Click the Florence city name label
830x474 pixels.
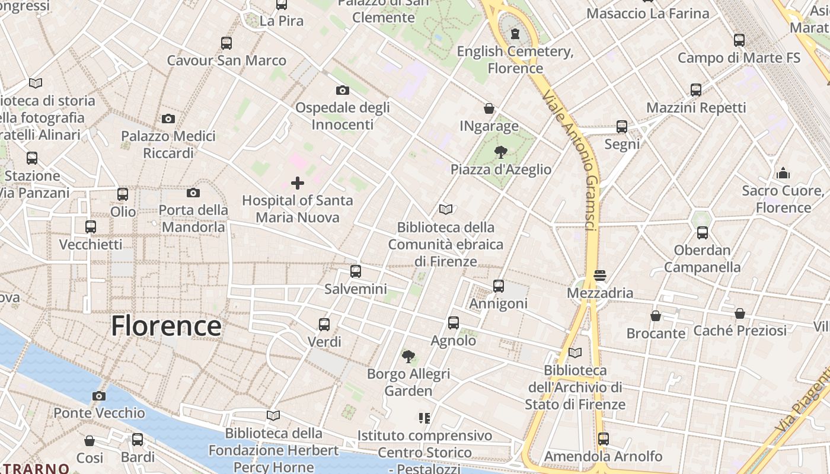(x=166, y=326)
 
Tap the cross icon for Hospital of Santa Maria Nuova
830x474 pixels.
(x=298, y=183)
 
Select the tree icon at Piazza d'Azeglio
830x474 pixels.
(x=501, y=152)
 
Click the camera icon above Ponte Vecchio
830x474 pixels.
(x=99, y=396)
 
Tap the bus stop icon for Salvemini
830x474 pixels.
(x=356, y=271)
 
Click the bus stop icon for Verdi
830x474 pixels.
(x=324, y=325)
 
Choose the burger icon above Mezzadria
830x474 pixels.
(x=600, y=276)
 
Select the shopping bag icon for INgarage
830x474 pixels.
(x=489, y=108)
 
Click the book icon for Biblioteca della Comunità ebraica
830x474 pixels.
(x=446, y=209)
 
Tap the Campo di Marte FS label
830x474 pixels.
(x=739, y=57)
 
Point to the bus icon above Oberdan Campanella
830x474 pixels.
(x=703, y=233)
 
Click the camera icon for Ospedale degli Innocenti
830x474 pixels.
(x=342, y=90)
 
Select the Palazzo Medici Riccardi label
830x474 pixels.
(x=168, y=145)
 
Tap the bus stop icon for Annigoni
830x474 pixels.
(x=499, y=286)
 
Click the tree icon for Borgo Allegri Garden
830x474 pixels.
(x=408, y=356)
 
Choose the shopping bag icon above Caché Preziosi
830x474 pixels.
(x=740, y=313)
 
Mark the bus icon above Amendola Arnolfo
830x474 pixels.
(x=604, y=439)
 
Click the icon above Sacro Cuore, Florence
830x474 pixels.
(x=783, y=173)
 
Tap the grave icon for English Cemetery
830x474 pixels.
(x=515, y=34)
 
